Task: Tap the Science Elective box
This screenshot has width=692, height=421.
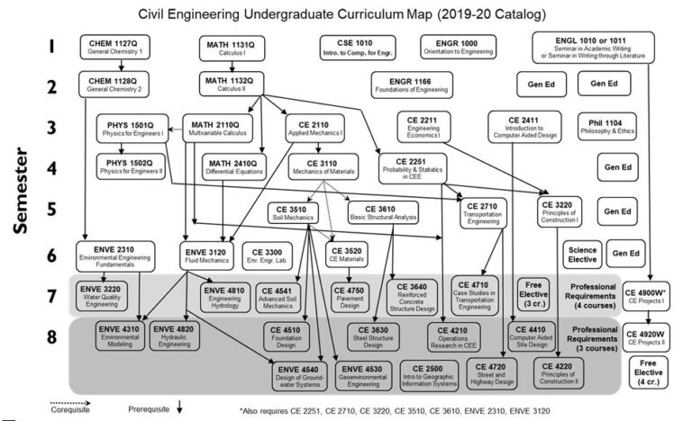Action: click(x=582, y=255)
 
